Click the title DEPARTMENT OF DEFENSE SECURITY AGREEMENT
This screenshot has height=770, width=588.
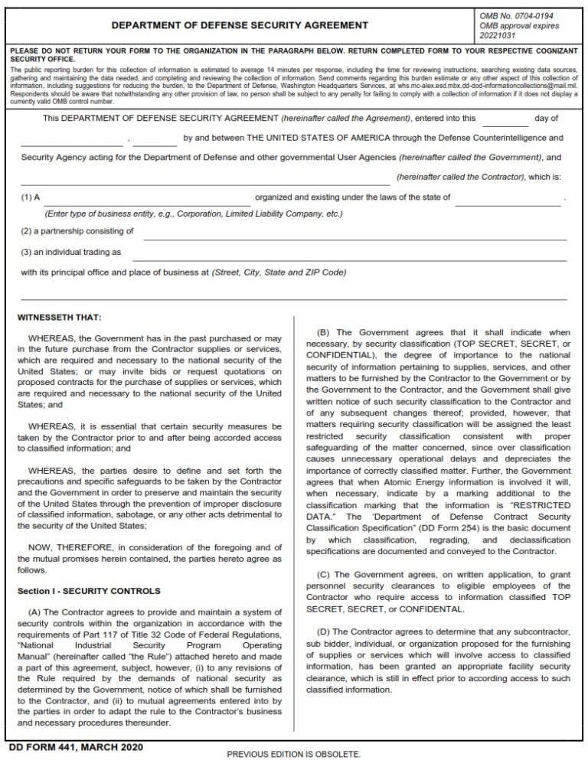[x=240, y=25]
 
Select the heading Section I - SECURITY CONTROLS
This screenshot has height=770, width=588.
[x=89, y=592]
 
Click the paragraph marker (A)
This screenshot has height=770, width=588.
[x=36, y=613]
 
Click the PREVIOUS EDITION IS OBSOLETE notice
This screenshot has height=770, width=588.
[x=293, y=755]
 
